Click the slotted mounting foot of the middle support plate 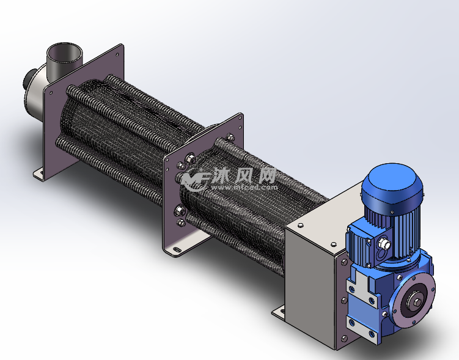pos(177,249)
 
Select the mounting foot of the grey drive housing pos(279,311)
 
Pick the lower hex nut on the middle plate pos(181,211)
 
